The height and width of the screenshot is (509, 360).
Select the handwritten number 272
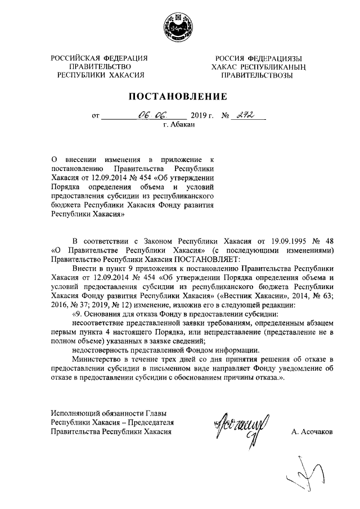click(245, 116)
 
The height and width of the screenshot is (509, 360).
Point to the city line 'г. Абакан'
click(179, 125)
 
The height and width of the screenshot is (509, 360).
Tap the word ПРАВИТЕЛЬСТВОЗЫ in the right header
click(259, 75)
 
